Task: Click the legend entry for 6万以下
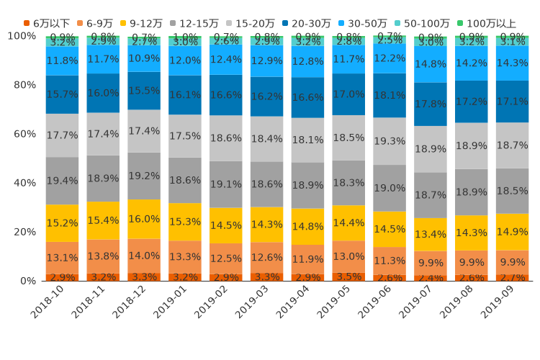[46, 24]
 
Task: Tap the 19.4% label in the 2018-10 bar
[63, 181]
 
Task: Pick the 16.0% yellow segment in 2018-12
[145, 219]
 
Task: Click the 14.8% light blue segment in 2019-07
[431, 64]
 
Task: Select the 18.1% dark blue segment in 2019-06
[390, 95]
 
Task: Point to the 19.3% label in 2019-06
[390, 141]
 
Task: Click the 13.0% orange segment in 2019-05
[348, 256]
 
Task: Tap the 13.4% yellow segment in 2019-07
[431, 234]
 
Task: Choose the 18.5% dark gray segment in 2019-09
[513, 191]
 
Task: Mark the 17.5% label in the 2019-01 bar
[186, 136]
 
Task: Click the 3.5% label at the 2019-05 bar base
[348, 276]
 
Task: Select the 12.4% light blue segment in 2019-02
[227, 59]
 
